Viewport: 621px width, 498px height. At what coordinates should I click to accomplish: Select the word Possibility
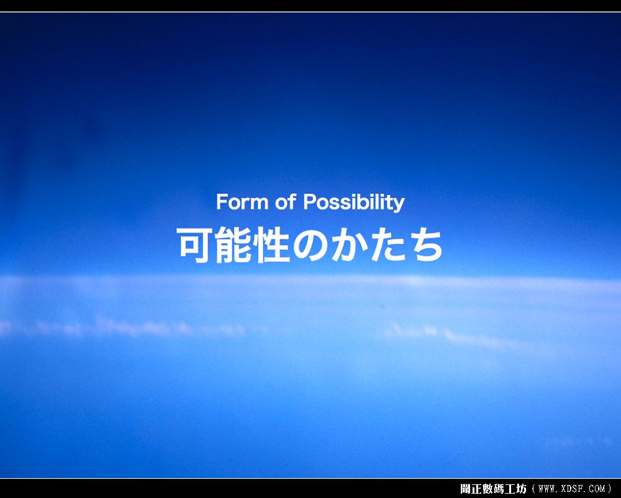(354, 202)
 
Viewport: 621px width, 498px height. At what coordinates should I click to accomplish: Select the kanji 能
(233, 245)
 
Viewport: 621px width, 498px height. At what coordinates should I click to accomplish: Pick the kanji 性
(272, 245)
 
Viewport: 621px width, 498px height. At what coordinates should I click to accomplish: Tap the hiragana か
(348, 245)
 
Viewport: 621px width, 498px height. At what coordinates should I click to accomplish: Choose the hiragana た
(388, 245)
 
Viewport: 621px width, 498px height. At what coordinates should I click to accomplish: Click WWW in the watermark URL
(547, 489)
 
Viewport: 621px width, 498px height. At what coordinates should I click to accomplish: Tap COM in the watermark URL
(597, 489)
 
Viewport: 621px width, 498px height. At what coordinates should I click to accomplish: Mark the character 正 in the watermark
(476, 489)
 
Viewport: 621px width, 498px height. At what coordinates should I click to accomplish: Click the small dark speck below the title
(382, 306)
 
